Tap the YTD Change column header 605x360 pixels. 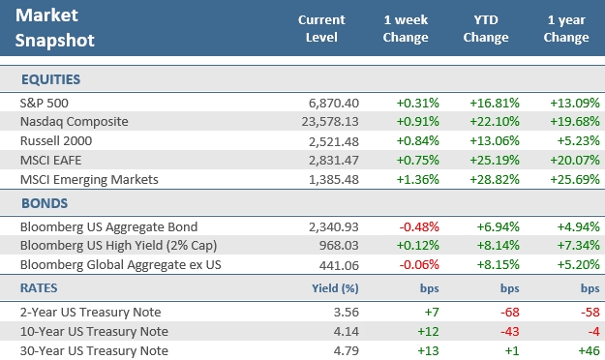pyautogui.click(x=486, y=28)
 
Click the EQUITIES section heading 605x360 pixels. pyautogui.click(x=48, y=78)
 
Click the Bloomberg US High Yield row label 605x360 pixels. pyautogui.click(x=108, y=246)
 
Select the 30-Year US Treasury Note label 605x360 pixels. pyautogui.click(x=93, y=349)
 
